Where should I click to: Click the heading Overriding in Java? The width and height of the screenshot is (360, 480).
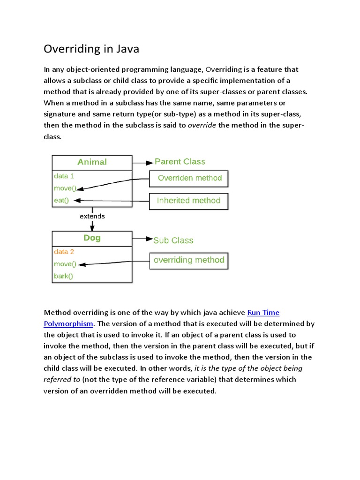pyautogui.click(x=91, y=49)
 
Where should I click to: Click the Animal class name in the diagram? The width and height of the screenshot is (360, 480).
pyautogui.click(x=92, y=162)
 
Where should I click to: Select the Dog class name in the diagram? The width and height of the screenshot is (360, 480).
pyautogui.click(x=92, y=238)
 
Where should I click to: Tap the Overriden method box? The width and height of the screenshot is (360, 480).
pyautogui.click(x=189, y=179)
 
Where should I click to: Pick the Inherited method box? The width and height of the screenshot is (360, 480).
pyautogui.click(x=188, y=201)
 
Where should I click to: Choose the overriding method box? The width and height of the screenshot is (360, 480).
pyautogui.click(x=188, y=260)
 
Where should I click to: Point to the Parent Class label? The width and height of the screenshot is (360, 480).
pyautogui.click(x=180, y=162)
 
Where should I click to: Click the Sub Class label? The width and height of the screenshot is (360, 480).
pyautogui.click(x=173, y=240)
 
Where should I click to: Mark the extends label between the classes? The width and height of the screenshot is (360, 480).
pyautogui.click(x=92, y=217)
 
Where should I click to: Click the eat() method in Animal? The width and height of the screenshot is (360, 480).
pyautogui.click(x=61, y=201)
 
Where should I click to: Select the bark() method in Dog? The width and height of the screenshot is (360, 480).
pyautogui.click(x=64, y=276)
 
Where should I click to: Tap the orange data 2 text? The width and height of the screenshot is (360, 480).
pyautogui.click(x=64, y=252)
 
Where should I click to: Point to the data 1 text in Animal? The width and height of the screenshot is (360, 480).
pyautogui.click(x=64, y=176)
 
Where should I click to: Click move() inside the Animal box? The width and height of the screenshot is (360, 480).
pyautogui.click(x=65, y=188)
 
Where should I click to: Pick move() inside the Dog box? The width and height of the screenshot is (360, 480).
pyautogui.click(x=65, y=264)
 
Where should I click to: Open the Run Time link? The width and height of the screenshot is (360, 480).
pyautogui.click(x=263, y=313)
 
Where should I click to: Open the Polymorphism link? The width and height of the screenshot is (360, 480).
pyautogui.click(x=68, y=323)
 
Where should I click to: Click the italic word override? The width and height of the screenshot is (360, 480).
pyautogui.click(x=202, y=125)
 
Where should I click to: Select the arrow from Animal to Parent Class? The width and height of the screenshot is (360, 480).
pyautogui.click(x=143, y=163)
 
